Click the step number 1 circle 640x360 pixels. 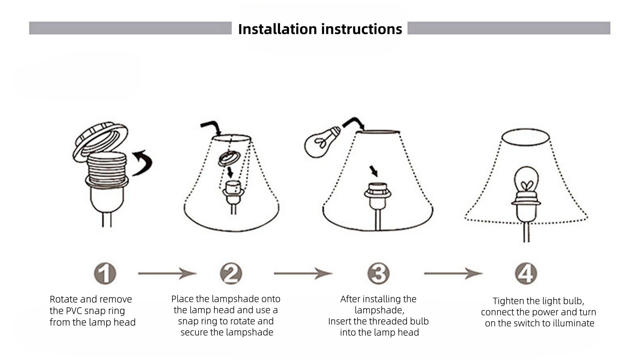pos(105,274)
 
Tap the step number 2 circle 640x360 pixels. pos(231,274)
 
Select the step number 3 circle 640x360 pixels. pos(378,274)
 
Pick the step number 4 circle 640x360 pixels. pos(526,274)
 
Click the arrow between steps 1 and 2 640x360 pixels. pos(167,273)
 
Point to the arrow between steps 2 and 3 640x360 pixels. pos(303,273)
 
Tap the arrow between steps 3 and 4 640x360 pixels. pos(453,273)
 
